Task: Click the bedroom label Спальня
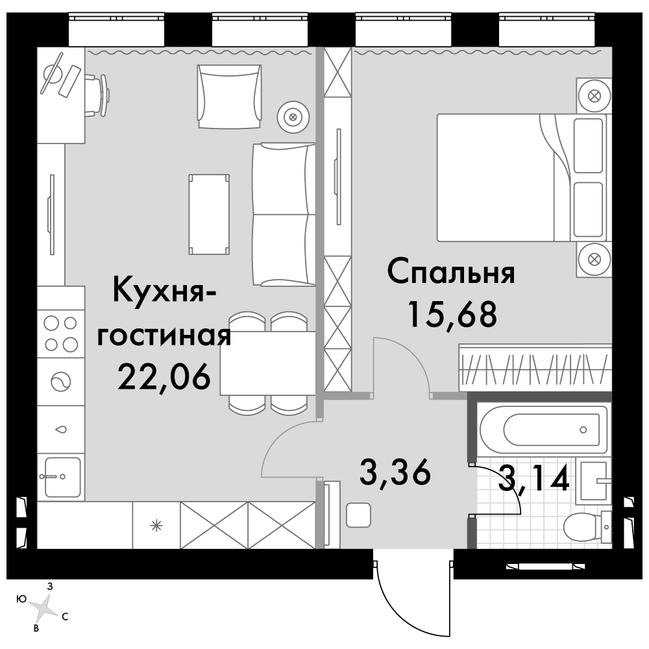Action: (x=450, y=274)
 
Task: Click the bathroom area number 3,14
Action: (x=534, y=481)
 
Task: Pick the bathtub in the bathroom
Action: (x=544, y=429)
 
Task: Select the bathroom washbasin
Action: (x=593, y=481)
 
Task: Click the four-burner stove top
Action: (x=60, y=332)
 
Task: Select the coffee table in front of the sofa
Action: (x=208, y=214)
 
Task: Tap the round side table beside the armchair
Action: (x=292, y=117)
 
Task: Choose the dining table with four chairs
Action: (x=267, y=363)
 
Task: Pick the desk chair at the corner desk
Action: (x=99, y=95)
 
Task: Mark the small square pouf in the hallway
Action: (x=358, y=516)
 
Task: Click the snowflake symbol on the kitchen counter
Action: (x=156, y=525)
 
